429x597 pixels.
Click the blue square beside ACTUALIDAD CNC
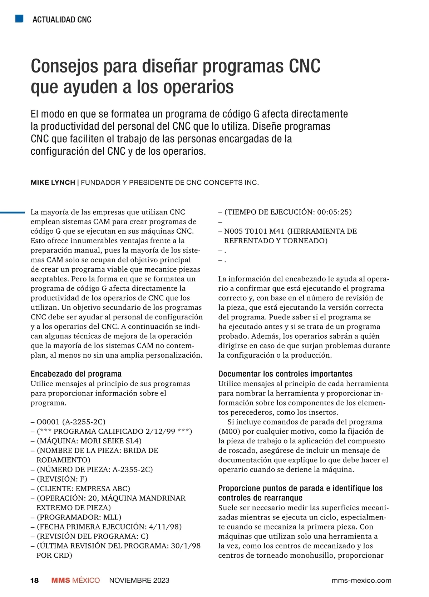tap(19, 19)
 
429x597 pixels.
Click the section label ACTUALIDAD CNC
tap(62, 20)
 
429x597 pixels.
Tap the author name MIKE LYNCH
tap(53, 183)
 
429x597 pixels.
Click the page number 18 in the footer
tap(34, 580)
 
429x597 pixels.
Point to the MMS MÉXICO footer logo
tap(75, 580)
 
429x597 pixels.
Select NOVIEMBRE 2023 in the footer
tap(139, 580)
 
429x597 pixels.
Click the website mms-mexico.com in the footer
tap(361, 580)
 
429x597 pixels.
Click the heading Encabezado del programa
tap(76, 374)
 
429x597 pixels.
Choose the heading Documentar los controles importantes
tap(285, 374)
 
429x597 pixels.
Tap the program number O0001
tap(48, 422)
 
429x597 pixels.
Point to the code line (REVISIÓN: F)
tap(62, 479)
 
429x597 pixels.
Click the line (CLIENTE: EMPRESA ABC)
tap(83, 489)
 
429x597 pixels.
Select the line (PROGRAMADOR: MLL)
tap(79, 517)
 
